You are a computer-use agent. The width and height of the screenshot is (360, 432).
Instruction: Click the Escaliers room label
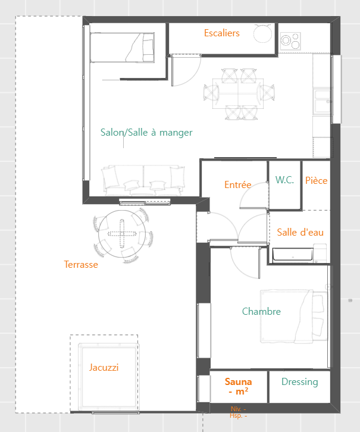[222, 33]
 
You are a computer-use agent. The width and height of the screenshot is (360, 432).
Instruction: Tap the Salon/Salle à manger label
[146, 133]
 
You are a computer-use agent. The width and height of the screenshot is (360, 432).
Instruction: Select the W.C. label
[284, 180]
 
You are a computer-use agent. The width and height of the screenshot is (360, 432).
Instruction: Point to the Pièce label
[316, 180]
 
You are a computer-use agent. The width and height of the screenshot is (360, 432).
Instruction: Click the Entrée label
[237, 184]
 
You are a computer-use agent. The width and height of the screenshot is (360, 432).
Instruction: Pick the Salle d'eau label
[300, 232]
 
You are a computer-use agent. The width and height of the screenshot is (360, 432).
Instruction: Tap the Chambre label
[261, 311]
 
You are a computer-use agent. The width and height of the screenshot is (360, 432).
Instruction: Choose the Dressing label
[300, 382]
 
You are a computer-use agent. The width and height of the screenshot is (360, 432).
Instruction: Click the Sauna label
[238, 382]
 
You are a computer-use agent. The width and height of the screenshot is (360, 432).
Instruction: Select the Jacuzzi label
[104, 368]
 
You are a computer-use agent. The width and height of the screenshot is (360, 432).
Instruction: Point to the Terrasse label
[81, 264]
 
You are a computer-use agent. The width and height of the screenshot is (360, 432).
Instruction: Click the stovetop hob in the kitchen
[290, 41]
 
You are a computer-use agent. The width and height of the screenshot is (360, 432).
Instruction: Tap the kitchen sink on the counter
[323, 101]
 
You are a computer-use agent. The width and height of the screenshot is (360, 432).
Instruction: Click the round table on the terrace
[122, 234]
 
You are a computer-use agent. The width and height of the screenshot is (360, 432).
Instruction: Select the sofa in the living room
[143, 180]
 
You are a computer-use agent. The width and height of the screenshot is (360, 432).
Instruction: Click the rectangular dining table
[237, 93]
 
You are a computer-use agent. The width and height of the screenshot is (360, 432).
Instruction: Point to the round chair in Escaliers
[263, 33]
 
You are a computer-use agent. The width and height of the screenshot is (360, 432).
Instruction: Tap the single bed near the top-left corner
[122, 48]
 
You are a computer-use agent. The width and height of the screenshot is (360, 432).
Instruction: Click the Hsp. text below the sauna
[238, 415]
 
